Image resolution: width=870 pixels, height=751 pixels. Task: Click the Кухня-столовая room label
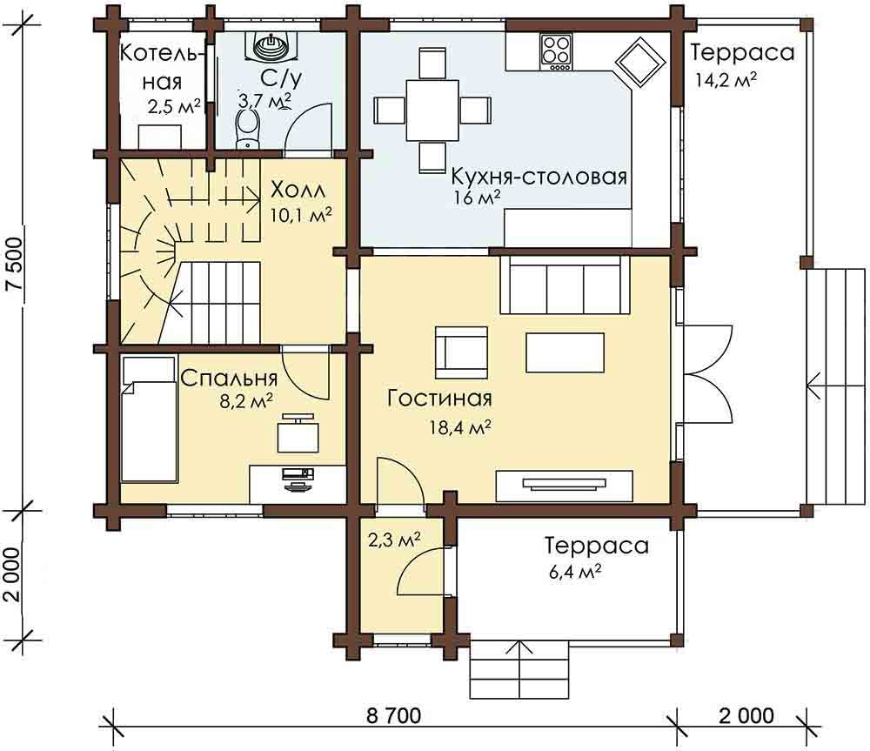(x=539, y=177)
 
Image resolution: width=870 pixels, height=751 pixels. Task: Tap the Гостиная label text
(x=439, y=399)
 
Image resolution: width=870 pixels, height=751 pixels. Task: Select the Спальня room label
(x=229, y=379)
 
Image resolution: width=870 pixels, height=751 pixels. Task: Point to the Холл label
(x=298, y=191)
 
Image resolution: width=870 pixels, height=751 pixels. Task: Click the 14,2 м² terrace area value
(x=726, y=79)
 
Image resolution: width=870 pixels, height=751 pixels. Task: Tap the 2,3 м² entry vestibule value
(x=393, y=539)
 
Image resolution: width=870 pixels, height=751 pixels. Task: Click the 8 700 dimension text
(x=394, y=715)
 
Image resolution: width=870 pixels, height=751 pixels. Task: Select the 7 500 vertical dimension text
(x=15, y=265)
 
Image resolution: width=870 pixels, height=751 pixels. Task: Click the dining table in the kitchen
(x=432, y=110)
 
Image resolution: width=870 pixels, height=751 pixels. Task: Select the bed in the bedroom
(x=150, y=419)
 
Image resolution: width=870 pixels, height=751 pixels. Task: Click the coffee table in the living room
(x=565, y=352)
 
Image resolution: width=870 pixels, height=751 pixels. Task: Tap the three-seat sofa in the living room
(x=565, y=285)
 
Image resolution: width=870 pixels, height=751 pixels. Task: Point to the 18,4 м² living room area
(x=460, y=427)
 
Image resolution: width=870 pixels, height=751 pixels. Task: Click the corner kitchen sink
(x=640, y=62)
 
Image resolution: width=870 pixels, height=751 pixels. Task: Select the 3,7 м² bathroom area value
(x=264, y=100)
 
